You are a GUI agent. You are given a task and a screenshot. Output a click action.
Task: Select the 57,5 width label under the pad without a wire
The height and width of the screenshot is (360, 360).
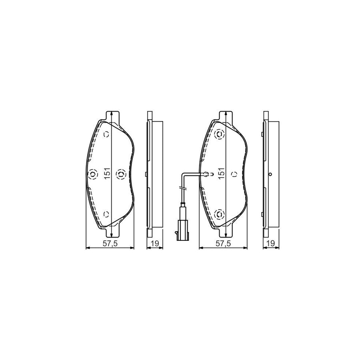[110, 244]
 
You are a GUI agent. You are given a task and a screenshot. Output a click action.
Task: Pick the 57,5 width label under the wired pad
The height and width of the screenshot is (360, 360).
[223, 244]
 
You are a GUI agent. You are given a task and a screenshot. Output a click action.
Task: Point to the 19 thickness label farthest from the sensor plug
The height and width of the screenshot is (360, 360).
[271, 244]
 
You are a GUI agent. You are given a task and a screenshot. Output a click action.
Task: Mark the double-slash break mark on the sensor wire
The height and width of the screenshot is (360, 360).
[183, 187]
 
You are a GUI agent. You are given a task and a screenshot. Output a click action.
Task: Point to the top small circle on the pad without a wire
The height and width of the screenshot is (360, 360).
[106, 134]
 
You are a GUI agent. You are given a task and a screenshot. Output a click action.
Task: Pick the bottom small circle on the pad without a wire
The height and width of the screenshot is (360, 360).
[106, 214]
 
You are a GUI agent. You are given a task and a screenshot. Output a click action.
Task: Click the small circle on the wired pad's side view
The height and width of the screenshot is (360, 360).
[271, 174]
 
